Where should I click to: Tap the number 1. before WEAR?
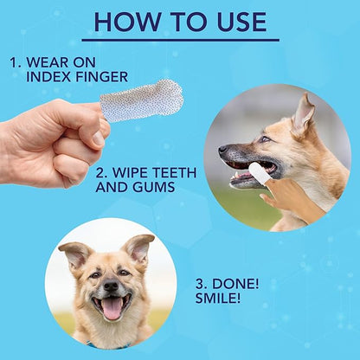coord(16,62)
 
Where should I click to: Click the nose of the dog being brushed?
coord(222,151)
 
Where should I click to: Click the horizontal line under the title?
coord(180,40)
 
